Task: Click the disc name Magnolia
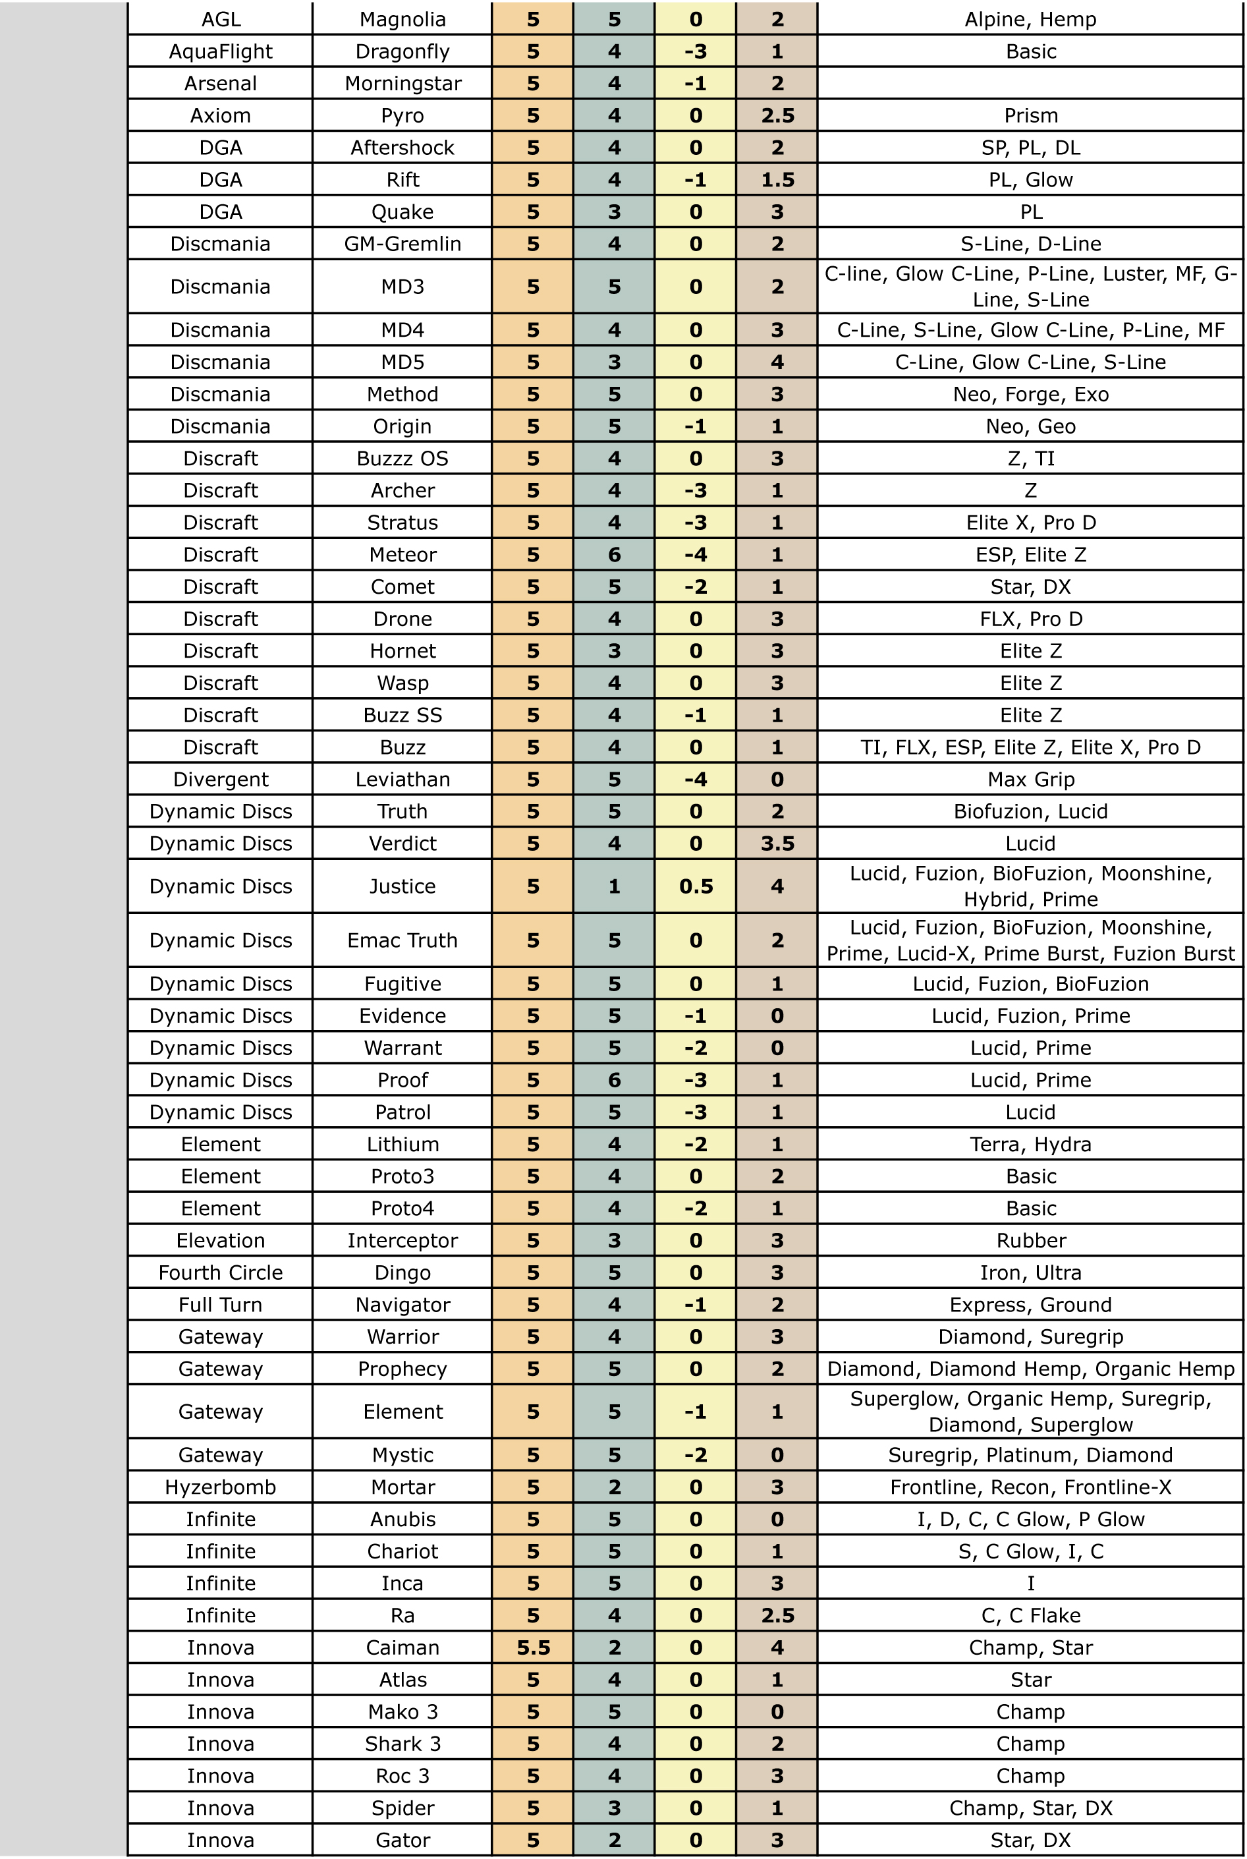[x=402, y=19]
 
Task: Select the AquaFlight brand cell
[x=220, y=51]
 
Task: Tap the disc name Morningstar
[x=402, y=84]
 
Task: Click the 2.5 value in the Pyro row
[x=777, y=115]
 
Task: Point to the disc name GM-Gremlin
[x=402, y=243]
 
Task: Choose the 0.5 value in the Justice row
[x=695, y=886]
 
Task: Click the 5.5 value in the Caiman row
[x=533, y=1647]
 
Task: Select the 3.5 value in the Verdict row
[x=777, y=844]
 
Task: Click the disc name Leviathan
[x=402, y=779]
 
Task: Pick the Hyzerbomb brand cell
[x=220, y=1487]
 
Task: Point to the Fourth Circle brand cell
[x=220, y=1272]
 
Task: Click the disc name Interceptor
[x=402, y=1240]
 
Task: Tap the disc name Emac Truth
[x=402, y=940]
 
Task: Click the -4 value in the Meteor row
[x=695, y=554]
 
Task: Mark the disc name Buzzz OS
[x=402, y=458]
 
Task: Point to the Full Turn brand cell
[x=220, y=1305]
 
